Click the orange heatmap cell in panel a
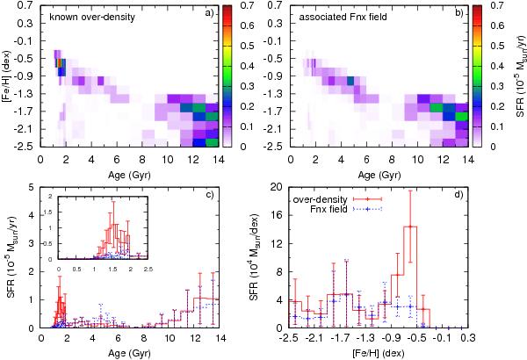click(x=60, y=62)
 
